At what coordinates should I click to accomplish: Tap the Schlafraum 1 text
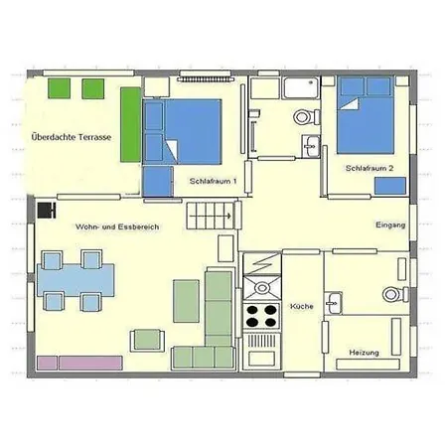pyautogui.click(x=213, y=181)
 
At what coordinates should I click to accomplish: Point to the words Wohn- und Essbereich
pyautogui.click(x=117, y=226)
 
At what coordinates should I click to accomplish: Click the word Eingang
pyautogui.click(x=390, y=225)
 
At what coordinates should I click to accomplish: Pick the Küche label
pyautogui.click(x=302, y=307)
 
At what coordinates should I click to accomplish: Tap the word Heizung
pyautogui.click(x=364, y=352)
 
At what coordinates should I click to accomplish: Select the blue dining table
pyautogui.click(x=77, y=280)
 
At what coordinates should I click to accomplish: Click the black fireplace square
pyautogui.click(x=45, y=210)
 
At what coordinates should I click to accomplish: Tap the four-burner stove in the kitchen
pyautogui.click(x=262, y=317)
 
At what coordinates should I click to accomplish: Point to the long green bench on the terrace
pyautogui.click(x=130, y=123)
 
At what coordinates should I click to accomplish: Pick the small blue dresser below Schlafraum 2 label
pyautogui.click(x=389, y=185)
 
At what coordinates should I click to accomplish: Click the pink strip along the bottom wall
pyautogui.click(x=78, y=363)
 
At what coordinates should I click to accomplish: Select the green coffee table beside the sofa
pyautogui.click(x=186, y=301)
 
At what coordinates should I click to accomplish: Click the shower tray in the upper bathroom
pyautogui.click(x=301, y=88)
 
